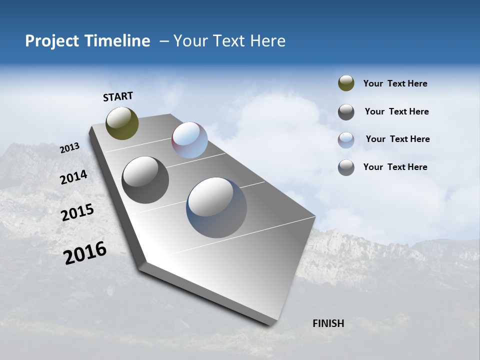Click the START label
(118, 96)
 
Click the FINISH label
(328, 323)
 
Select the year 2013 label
(69, 147)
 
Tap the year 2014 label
(73, 177)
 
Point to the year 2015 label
(77, 212)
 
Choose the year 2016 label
(85, 253)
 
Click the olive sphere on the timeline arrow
(122, 123)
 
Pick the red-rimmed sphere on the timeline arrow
(189, 140)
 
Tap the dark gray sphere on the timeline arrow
(145, 180)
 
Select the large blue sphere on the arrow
(216, 207)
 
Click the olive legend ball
(346, 83)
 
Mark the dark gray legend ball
(346, 112)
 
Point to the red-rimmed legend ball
(346, 140)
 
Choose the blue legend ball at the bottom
(346, 167)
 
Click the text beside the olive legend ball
(395, 83)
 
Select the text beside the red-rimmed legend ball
(397, 139)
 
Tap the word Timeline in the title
(118, 41)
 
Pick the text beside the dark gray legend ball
(396, 111)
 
